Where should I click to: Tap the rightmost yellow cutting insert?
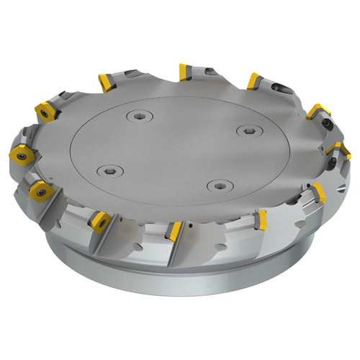click(337, 149)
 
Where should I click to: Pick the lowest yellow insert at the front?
click(173, 232)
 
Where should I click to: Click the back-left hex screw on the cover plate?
click(138, 116)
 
